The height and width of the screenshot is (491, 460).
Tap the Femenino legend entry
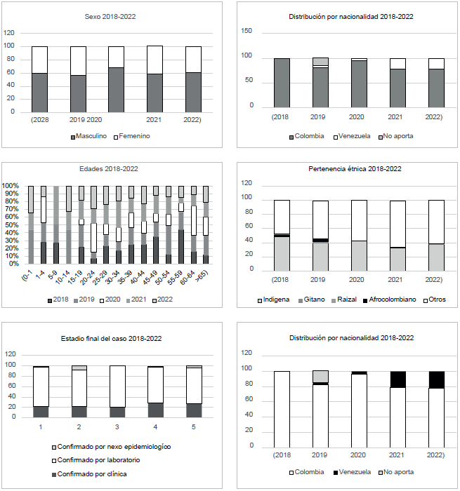[133, 136]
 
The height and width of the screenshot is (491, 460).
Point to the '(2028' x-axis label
[39, 119]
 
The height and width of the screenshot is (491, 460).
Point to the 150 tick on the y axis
[247, 32]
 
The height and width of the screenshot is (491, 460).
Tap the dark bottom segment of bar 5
[195, 410]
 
